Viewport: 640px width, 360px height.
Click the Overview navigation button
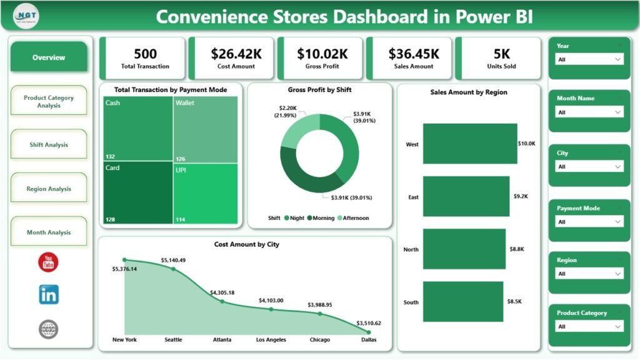tap(49, 57)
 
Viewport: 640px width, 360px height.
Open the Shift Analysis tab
tap(49, 145)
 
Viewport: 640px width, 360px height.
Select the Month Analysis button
tap(49, 232)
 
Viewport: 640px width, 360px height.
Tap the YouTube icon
tap(48, 262)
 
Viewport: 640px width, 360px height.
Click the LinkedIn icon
tap(48, 294)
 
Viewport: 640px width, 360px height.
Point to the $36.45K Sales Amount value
tap(413, 54)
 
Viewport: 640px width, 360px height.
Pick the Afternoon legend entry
tap(353, 218)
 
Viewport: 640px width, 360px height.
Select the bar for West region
tap(470, 144)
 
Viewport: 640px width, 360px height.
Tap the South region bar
tap(462, 302)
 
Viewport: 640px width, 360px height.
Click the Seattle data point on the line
tap(173, 269)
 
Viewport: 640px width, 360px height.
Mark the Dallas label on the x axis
tap(367, 340)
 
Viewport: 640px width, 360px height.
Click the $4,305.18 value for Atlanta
tap(222, 292)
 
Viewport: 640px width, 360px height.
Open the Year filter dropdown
tap(589, 59)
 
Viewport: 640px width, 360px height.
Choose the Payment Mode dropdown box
tap(589, 222)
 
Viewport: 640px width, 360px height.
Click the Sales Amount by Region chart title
tap(468, 92)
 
